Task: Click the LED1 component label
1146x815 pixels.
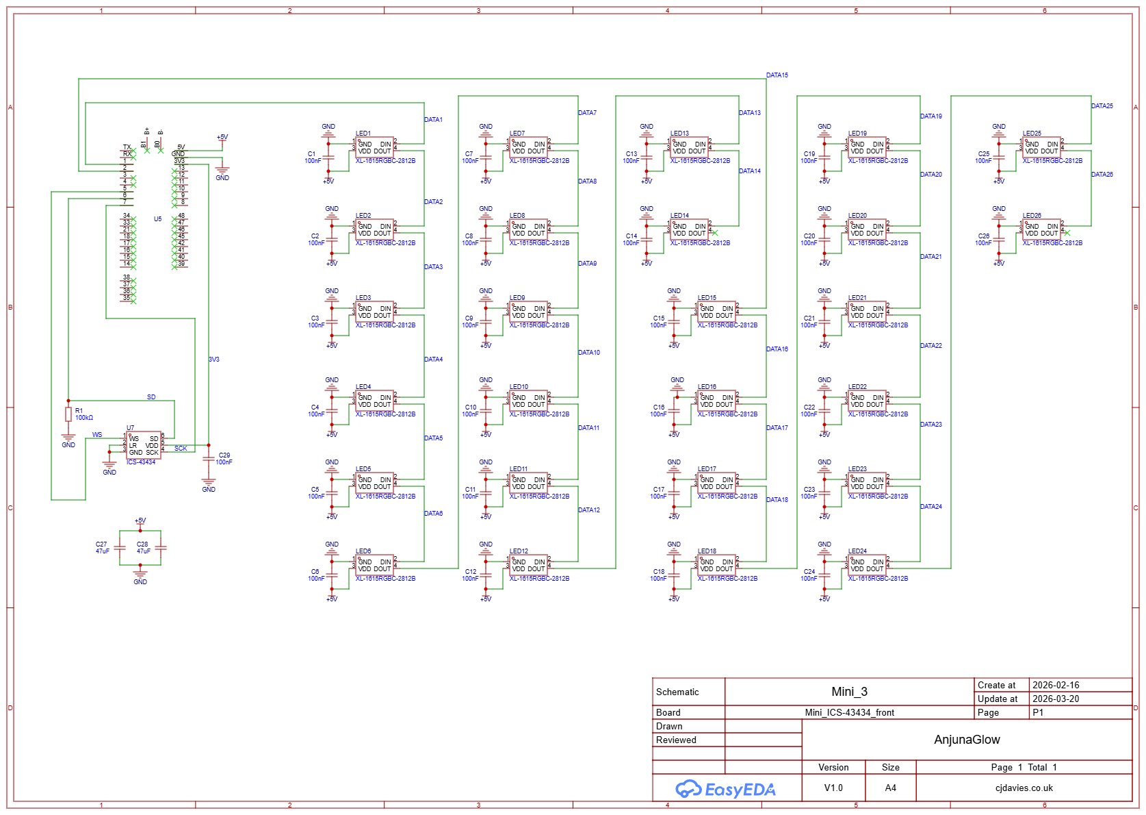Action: click(363, 134)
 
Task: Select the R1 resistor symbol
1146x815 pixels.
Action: click(68, 414)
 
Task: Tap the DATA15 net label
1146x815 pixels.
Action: click(777, 75)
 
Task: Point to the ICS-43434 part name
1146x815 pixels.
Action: click(141, 462)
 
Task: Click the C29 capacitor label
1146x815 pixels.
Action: click(224, 455)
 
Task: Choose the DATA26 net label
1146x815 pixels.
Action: click(1102, 175)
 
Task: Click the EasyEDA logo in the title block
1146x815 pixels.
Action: click(726, 790)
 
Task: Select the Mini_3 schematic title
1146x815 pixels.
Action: click(849, 692)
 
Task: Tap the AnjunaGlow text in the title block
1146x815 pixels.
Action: click(967, 740)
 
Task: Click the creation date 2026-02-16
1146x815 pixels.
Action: click(1056, 685)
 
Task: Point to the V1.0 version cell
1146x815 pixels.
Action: click(833, 788)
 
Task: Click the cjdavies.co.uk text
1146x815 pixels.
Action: click(1024, 788)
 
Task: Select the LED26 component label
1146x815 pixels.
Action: click(1032, 216)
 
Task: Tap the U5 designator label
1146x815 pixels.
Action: click(157, 219)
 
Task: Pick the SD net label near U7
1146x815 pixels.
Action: click(151, 397)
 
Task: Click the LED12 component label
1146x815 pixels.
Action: click(519, 551)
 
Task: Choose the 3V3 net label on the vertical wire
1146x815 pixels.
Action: click(214, 360)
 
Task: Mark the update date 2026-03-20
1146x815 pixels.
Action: click(1056, 699)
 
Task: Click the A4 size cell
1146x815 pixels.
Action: click(890, 788)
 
